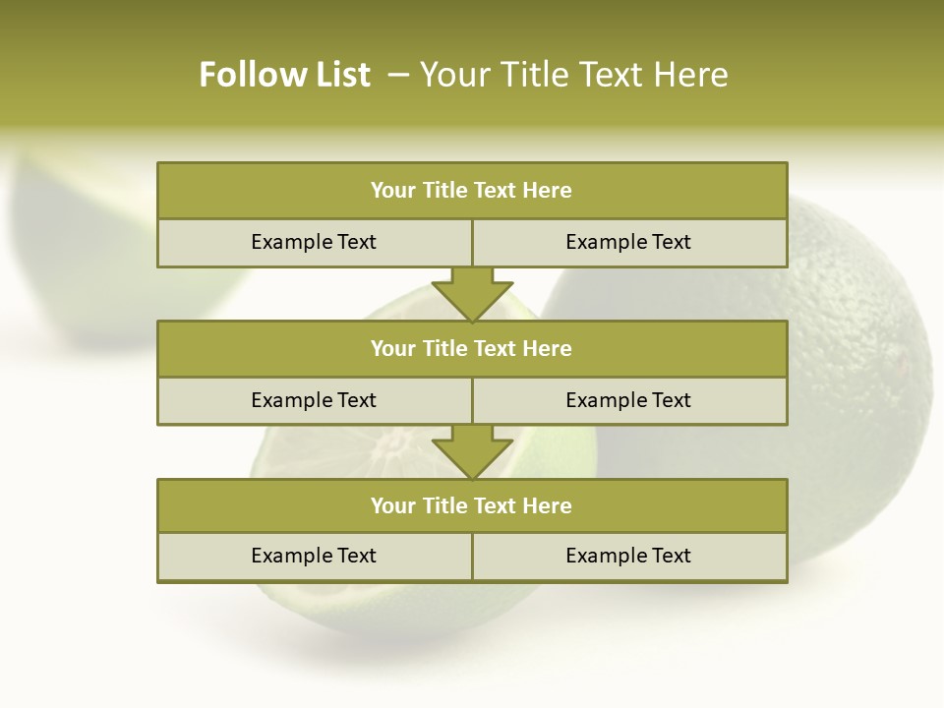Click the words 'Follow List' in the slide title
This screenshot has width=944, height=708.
point(284,75)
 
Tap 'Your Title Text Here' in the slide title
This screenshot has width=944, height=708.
point(574,75)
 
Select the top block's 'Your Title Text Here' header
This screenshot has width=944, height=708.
point(471,191)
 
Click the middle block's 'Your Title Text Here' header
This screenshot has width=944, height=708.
point(471,348)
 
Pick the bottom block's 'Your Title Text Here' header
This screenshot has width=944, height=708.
point(471,505)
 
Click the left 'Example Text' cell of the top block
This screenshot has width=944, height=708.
point(314,242)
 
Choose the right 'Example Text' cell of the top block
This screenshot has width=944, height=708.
point(628,242)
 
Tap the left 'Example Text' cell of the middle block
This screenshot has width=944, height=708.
point(314,400)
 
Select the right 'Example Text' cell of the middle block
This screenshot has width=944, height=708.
point(628,400)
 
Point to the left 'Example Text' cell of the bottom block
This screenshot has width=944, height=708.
point(314,556)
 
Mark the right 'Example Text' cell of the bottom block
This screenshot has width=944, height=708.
point(628,556)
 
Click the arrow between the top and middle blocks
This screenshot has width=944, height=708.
point(472,295)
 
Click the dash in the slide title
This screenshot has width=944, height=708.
point(398,75)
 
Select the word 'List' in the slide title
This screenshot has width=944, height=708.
point(339,75)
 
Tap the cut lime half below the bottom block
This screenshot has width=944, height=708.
point(393,610)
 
